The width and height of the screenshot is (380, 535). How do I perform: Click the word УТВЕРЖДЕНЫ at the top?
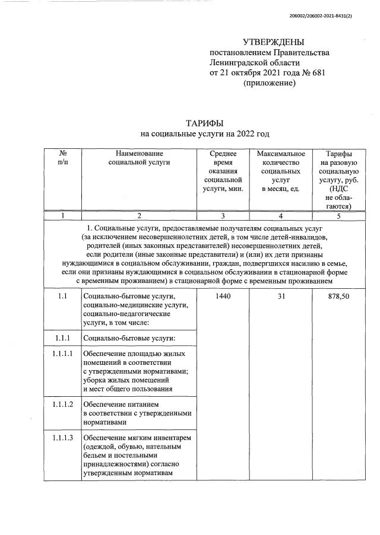point(273,42)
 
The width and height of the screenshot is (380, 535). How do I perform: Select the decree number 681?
point(315,73)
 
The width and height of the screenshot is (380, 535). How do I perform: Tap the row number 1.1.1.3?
point(62,438)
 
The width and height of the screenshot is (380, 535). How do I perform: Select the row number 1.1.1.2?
point(62,405)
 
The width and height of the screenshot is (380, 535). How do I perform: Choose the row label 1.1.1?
point(62,338)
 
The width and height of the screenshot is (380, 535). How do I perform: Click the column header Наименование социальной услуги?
point(138,157)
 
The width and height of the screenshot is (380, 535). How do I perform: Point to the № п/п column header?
point(62,157)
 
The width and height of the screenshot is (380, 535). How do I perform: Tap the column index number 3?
point(223,216)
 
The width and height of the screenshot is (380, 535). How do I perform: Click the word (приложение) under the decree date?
point(269,83)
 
